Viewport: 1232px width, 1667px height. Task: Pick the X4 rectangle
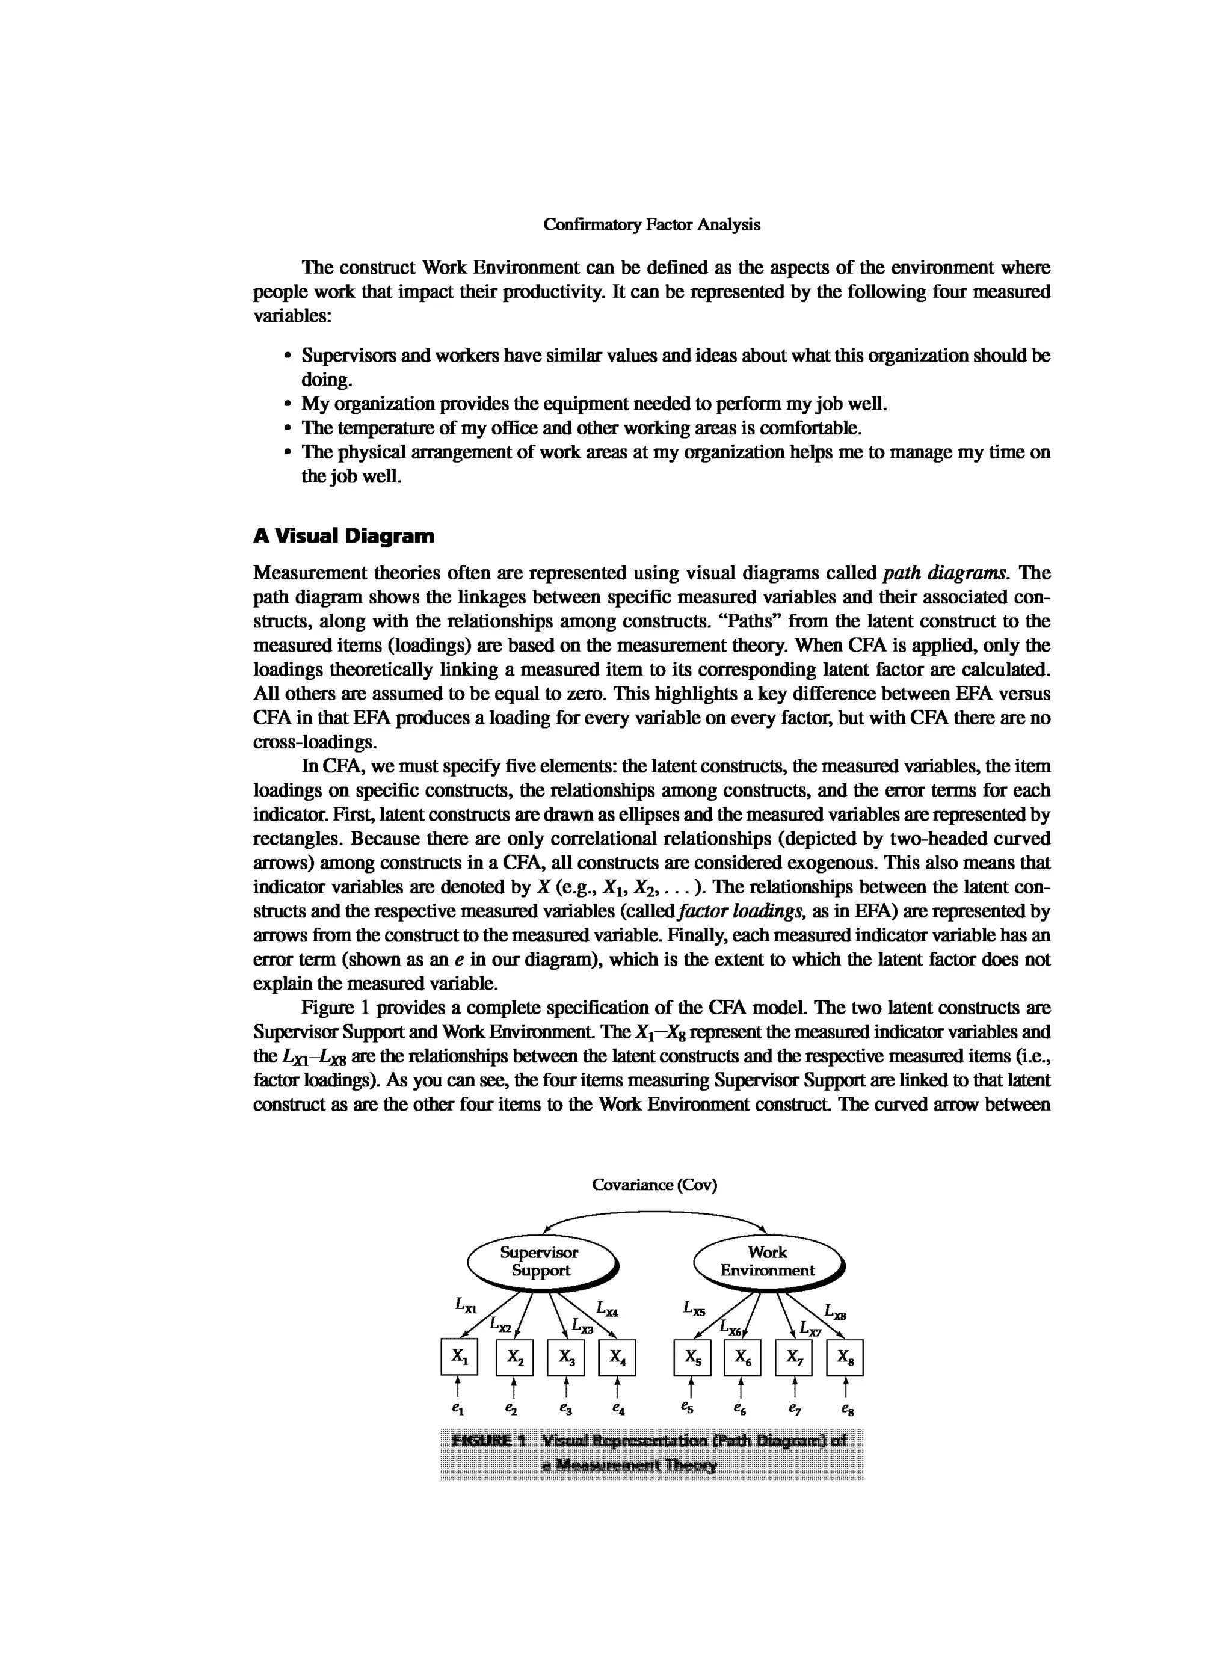click(617, 1357)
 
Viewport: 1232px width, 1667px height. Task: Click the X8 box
click(845, 1357)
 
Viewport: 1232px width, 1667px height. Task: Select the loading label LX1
click(466, 1304)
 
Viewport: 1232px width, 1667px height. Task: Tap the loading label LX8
click(834, 1310)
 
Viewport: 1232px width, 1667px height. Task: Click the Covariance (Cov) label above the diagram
click(654, 1185)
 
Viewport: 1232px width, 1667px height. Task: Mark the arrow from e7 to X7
click(795, 1387)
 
